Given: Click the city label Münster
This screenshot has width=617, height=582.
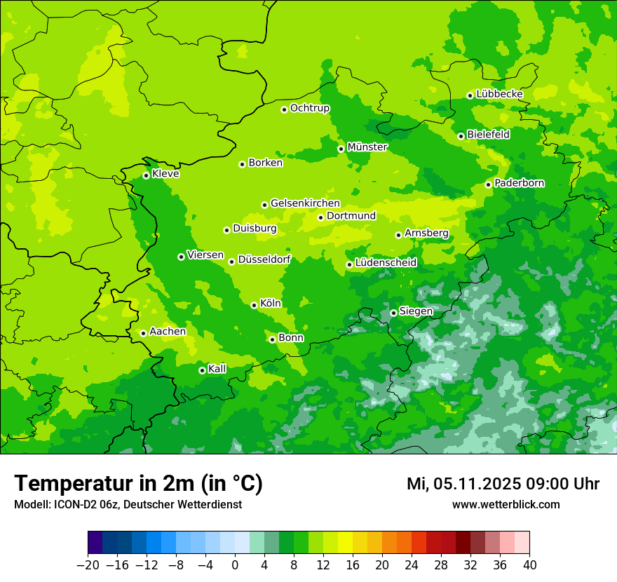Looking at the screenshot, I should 367,147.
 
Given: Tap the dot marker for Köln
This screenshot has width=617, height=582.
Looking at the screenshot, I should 254,305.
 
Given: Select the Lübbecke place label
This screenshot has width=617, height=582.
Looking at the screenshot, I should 499,94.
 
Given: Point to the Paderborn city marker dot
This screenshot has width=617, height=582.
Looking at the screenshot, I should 489,184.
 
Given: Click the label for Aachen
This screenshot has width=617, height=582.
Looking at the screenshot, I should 168,332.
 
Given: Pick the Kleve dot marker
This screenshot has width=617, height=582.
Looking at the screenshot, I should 146,175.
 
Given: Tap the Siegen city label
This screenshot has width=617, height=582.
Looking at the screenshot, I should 416,311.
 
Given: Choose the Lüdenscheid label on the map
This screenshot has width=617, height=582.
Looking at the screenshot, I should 386,263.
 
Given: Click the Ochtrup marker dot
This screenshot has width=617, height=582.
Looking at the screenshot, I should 284,109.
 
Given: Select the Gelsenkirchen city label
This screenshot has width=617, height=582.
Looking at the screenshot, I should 305,203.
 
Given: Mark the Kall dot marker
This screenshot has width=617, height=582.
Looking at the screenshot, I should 202,370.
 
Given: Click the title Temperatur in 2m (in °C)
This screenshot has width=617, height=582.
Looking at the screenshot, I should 138,484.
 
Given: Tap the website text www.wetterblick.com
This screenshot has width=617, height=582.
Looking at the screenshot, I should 506,505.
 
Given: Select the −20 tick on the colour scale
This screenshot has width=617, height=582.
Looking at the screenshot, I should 88,565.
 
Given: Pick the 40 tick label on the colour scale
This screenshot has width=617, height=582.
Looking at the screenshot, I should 529,565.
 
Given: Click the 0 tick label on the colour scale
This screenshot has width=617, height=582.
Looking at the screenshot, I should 235,565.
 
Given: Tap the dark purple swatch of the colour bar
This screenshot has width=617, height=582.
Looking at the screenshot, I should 95,543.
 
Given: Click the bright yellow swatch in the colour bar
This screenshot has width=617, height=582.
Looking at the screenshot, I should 345,543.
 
